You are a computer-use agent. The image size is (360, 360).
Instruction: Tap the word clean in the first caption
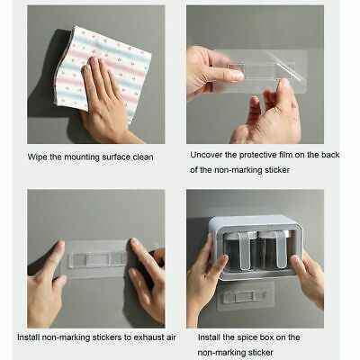[143, 157]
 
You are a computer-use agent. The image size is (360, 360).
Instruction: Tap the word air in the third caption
[170, 337]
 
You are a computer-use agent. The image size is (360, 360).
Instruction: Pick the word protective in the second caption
[257, 155]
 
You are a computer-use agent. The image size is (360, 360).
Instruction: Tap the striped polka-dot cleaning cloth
[102, 70]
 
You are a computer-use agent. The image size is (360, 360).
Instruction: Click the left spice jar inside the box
[236, 250]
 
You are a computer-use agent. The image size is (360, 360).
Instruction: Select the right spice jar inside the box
[273, 250]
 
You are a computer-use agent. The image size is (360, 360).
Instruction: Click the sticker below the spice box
[246, 295]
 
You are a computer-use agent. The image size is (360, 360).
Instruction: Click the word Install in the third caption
[29, 337]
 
